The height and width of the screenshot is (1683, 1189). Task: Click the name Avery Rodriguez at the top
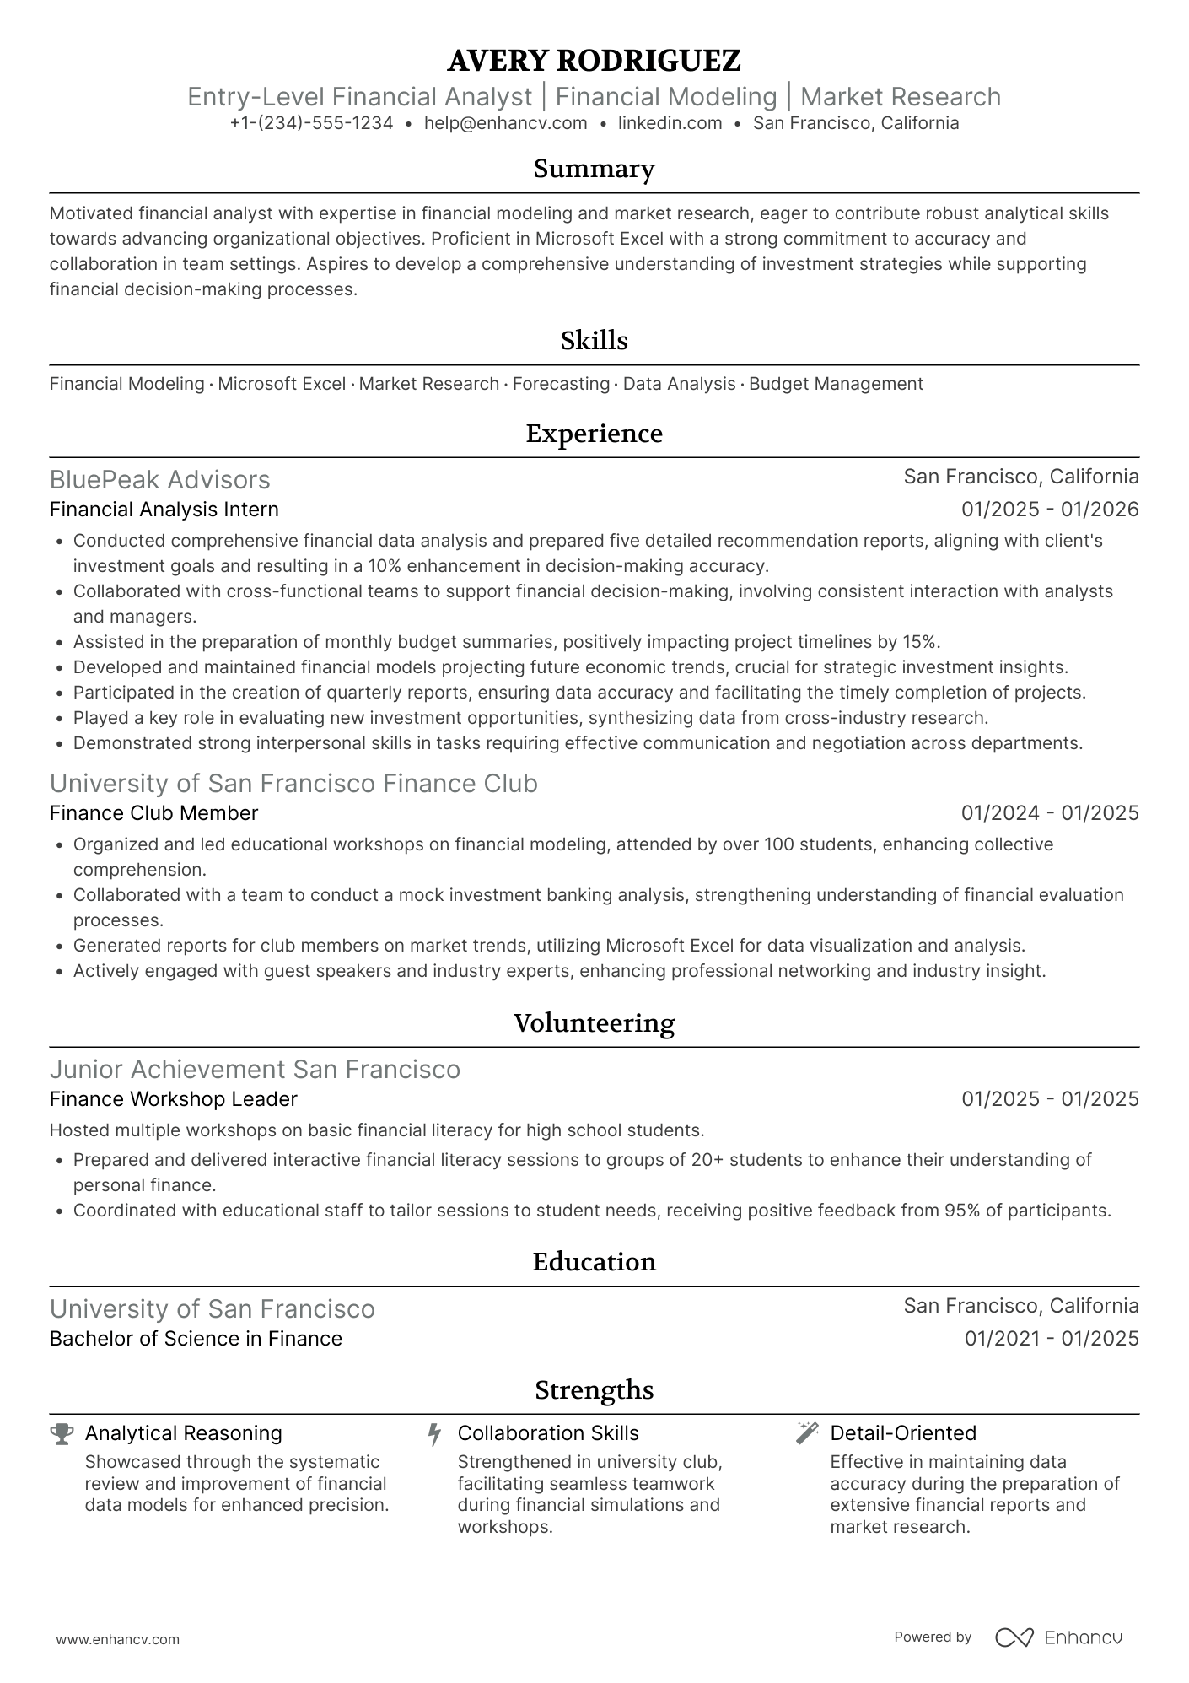pos(594,61)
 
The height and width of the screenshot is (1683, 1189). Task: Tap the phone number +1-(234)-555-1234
pos(311,123)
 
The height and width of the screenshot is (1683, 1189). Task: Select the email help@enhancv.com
pos(505,123)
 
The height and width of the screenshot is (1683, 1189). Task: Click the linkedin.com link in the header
pos(670,123)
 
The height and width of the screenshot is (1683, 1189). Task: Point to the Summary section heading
pos(594,169)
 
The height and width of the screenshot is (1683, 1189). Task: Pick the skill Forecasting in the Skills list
pos(561,384)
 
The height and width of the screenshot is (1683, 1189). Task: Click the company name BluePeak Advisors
pos(159,479)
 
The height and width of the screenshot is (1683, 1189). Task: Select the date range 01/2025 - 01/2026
pos(1050,510)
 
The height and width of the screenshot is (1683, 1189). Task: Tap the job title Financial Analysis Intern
pos(164,510)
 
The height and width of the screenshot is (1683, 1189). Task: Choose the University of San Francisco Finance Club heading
pos(293,783)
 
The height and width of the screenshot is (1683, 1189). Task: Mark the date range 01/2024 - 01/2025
pos(1050,813)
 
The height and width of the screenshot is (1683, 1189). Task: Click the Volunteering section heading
pos(594,1023)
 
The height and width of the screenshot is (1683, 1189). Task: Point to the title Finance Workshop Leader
pos(173,1099)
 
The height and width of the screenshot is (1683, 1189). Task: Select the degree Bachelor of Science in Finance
pos(196,1339)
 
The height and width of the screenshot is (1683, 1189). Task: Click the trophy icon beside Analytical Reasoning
pos(62,1433)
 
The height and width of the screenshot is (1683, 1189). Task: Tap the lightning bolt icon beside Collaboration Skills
pos(434,1434)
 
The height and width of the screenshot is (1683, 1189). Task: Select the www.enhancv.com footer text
pos(117,1639)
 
